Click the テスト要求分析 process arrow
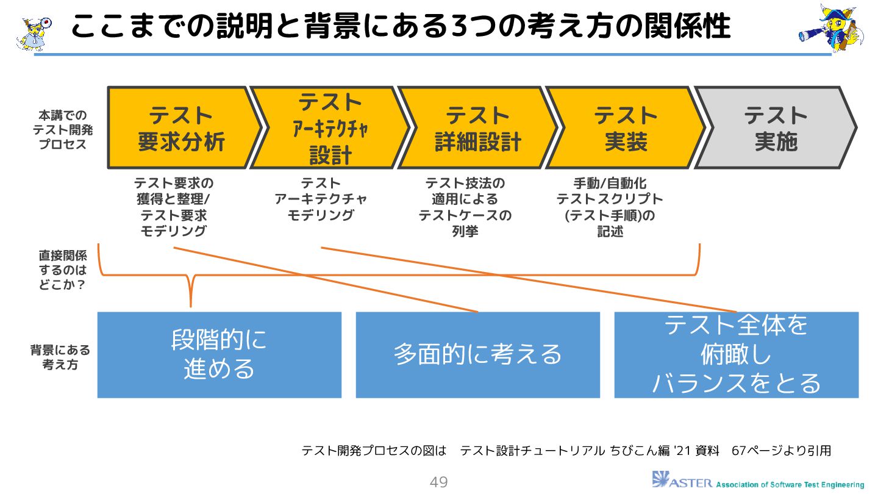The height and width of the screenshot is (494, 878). pos(181,128)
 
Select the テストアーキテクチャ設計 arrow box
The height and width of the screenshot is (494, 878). pos(329,128)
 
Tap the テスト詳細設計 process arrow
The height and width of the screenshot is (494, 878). pos(477,128)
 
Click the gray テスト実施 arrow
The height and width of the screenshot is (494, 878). pos(775,128)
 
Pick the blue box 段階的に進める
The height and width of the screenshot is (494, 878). pos(220,355)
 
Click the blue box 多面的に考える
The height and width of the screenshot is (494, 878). pos(477,355)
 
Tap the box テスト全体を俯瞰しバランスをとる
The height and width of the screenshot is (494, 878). pos(736,355)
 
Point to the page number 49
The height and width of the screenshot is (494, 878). pos(439,482)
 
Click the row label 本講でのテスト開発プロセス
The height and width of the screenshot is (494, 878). pos(59,130)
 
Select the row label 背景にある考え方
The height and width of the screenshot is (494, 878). pos(60,357)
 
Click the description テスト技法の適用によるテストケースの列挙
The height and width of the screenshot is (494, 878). pos(465,207)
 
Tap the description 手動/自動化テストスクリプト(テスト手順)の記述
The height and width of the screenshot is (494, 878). pos(610,207)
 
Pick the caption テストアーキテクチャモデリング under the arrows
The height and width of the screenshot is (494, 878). pos(321,199)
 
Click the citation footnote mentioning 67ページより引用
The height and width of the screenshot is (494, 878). pos(566,451)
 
